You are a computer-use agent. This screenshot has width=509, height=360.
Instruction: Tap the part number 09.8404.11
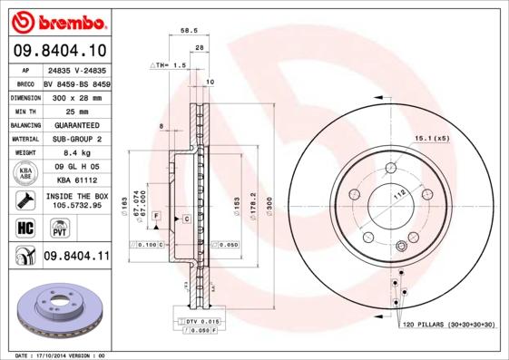[75, 257]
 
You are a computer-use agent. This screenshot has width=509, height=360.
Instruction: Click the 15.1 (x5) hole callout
[432, 138]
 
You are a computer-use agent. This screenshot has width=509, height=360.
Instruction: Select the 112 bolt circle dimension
[396, 193]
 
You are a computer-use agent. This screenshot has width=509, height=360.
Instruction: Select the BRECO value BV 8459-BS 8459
[75, 82]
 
